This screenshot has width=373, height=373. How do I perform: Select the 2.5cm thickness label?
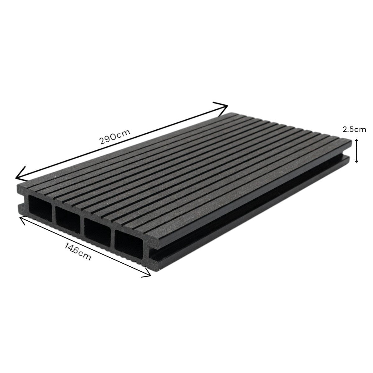pyautogui.click(x=354, y=130)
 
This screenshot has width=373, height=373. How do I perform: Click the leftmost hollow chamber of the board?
pyautogui.click(x=40, y=206)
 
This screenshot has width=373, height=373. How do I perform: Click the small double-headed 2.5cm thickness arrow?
pyautogui.click(x=357, y=151)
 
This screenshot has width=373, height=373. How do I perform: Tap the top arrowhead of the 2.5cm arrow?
pyautogui.click(x=357, y=140)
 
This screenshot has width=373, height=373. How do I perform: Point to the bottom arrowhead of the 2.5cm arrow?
pyautogui.click(x=357, y=161)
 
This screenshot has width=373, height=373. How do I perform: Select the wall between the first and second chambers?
pyautogui.click(x=54, y=211)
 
